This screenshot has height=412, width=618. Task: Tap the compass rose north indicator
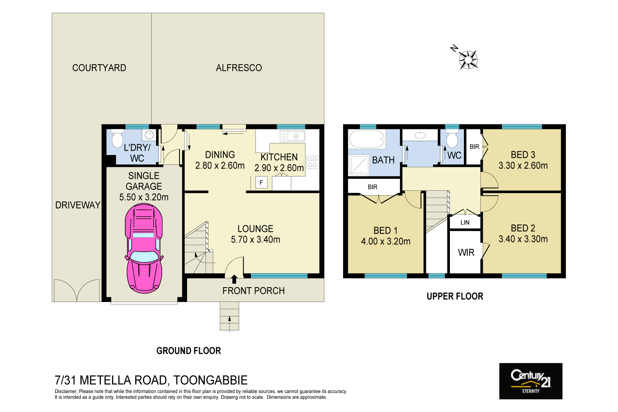pos(468,59)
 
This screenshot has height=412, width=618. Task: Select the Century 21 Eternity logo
pos(531,381)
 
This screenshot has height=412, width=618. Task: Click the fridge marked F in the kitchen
pos(261,182)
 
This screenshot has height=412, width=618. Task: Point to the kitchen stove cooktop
pos(312,162)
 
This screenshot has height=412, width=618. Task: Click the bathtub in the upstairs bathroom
pos(367,139)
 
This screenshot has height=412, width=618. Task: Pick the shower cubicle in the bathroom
pos(359,165)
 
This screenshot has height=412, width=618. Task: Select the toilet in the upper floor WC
pos(452,139)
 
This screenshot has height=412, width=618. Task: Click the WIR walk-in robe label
pos(466,253)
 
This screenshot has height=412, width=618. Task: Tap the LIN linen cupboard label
pos(465,222)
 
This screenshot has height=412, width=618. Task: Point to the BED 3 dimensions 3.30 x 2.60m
pos(523,166)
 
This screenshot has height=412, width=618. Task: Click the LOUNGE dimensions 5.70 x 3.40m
pos(255,239)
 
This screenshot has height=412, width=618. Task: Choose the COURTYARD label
pos(99,68)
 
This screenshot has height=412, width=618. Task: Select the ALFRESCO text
pos(239,68)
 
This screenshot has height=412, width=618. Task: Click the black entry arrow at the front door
pos(234,279)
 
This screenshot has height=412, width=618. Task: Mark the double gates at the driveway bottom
pos(77,290)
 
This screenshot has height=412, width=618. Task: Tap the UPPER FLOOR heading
pos(455,296)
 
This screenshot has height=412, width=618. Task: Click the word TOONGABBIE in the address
pos(210,380)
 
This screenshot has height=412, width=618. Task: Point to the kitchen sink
pos(293,136)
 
